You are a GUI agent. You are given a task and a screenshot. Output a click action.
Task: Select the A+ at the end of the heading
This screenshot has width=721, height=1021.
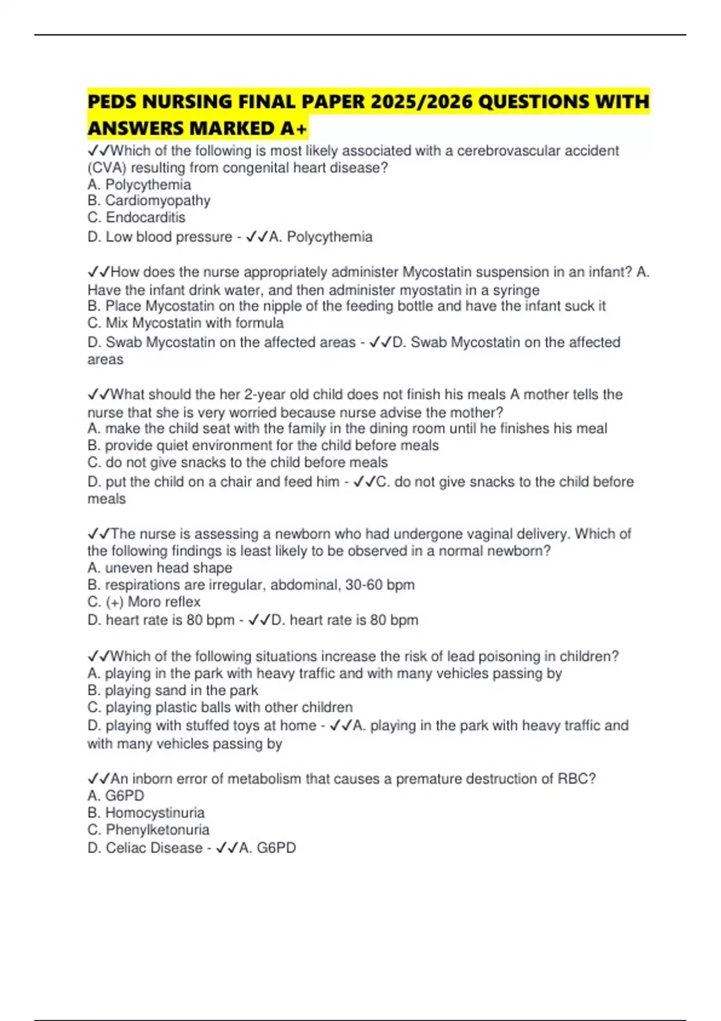click(x=293, y=129)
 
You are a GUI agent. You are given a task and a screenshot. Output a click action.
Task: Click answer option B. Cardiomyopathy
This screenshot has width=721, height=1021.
click(x=149, y=201)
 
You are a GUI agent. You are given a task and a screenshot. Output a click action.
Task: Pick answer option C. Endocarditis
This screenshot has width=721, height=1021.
click(x=136, y=217)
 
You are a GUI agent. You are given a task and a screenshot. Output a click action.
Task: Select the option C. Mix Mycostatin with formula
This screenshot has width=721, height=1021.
click(x=186, y=323)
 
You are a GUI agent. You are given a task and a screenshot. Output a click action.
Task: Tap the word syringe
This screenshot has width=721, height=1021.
click(x=516, y=290)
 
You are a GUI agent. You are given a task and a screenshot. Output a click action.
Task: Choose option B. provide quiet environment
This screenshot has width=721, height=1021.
click(x=263, y=446)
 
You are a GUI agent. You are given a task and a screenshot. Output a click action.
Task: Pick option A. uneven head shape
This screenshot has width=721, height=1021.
click(x=160, y=568)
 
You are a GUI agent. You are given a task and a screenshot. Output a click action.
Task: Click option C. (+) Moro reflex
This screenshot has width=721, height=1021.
click(x=144, y=602)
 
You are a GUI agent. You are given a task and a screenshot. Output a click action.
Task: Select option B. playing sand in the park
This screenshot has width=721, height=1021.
click(x=173, y=691)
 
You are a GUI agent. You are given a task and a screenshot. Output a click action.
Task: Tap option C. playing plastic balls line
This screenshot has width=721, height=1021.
click(x=220, y=707)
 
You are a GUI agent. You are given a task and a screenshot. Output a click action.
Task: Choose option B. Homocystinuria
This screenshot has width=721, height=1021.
click(x=146, y=813)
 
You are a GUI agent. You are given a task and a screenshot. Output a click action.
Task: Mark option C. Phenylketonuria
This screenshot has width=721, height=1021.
click(x=148, y=830)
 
